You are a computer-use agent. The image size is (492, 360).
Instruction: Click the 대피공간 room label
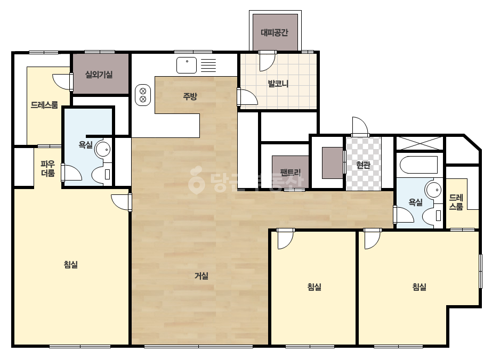click(275, 32)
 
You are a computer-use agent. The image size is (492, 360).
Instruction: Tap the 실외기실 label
click(99, 75)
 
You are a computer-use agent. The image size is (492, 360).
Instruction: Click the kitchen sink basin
click(187, 65)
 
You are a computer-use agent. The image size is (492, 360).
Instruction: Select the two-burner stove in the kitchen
click(143, 95)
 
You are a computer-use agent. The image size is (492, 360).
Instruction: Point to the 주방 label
click(190, 96)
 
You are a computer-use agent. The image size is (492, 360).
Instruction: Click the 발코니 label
click(278, 84)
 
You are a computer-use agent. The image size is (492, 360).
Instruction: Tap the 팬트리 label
click(291, 172)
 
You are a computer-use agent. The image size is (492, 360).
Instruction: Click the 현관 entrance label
click(364, 165)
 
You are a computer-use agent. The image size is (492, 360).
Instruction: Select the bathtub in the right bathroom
click(419, 165)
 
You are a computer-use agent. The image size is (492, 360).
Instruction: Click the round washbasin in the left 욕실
click(103, 149)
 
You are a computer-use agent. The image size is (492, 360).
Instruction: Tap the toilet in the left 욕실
click(102, 174)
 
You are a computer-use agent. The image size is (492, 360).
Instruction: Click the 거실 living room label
click(201, 276)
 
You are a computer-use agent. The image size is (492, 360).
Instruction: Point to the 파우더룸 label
click(48, 168)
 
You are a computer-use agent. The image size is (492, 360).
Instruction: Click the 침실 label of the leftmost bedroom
click(70, 265)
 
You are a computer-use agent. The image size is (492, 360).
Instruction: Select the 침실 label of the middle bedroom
click(314, 287)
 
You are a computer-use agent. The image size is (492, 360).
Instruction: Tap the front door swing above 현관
click(360, 126)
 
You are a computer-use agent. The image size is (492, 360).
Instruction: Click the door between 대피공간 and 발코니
click(268, 61)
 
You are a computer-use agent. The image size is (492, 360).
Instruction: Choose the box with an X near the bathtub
click(420, 143)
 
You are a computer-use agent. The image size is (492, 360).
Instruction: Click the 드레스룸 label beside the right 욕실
click(456, 202)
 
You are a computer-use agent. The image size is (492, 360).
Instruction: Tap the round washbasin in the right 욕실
click(433, 190)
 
